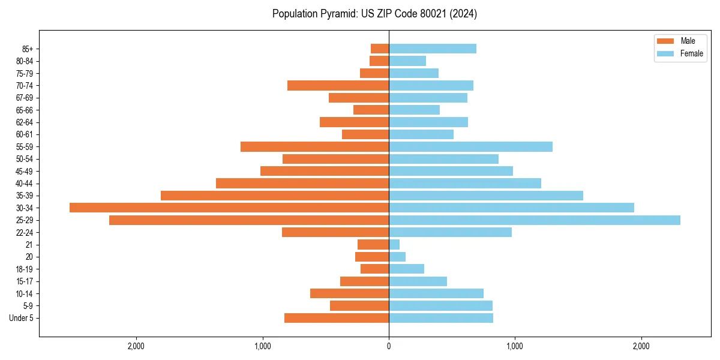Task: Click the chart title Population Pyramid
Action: pyautogui.click(x=374, y=14)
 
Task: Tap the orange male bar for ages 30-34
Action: pyautogui.click(x=229, y=208)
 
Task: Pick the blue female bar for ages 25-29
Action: pyautogui.click(x=534, y=220)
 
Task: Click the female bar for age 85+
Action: pyautogui.click(x=433, y=49)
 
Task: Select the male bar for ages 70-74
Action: pyautogui.click(x=338, y=85)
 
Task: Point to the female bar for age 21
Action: pyautogui.click(x=394, y=244)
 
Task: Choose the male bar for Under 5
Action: pyautogui.click(x=337, y=318)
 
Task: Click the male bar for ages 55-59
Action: pyautogui.click(x=314, y=146)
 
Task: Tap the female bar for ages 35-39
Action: pyautogui.click(x=486, y=196)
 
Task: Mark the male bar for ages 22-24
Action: pyautogui.click(x=335, y=232)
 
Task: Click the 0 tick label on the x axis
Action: pyautogui.click(x=389, y=346)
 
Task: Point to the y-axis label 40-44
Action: pyautogui.click(x=25, y=184)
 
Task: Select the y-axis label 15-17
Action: pyautogui.click(x=25, y=281)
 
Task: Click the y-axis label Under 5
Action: pyautogui.click(x=22, y=318)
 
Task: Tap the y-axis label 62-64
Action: pyautogui.click(x=25, y=122)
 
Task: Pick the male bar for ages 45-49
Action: pyautogui.click(x=325, y=171)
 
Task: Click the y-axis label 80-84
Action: pyautogui.click(x=25, y=61)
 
